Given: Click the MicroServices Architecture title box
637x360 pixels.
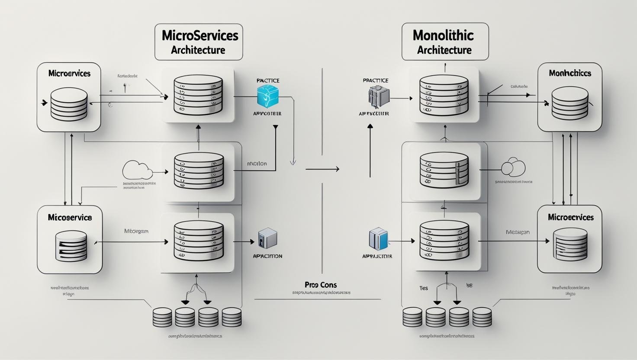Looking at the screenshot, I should (x=199, y=42).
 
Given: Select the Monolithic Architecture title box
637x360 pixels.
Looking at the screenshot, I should (x=445, y=42).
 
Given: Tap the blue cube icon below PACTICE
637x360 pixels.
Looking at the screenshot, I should (x=267, y=96).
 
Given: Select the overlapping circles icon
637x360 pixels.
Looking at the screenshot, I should (x=513, y=167).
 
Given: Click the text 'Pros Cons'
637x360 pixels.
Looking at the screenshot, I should (x=321, y=285).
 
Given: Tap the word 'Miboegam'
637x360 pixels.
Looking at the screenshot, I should (x=136, y=231).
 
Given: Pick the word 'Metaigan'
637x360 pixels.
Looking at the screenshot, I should (x=518, y=232).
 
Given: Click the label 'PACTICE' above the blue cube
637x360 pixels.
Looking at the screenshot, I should (x=268, y=80).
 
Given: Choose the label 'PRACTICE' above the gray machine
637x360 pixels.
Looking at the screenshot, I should (x=376, y=80).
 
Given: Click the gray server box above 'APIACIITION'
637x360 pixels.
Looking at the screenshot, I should (x=267, y=238).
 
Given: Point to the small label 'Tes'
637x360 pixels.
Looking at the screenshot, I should (x=424, y=288).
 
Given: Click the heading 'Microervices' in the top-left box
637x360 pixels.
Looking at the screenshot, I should (x=69, y=74).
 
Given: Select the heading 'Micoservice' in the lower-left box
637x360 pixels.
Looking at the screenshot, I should (x=70, y=217).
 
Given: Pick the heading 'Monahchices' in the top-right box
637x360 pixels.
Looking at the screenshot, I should (x=570, y=73).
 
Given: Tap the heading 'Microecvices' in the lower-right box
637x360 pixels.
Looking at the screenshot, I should (x=571, y=217).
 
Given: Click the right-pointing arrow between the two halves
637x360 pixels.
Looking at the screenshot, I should (x=322, y=169).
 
